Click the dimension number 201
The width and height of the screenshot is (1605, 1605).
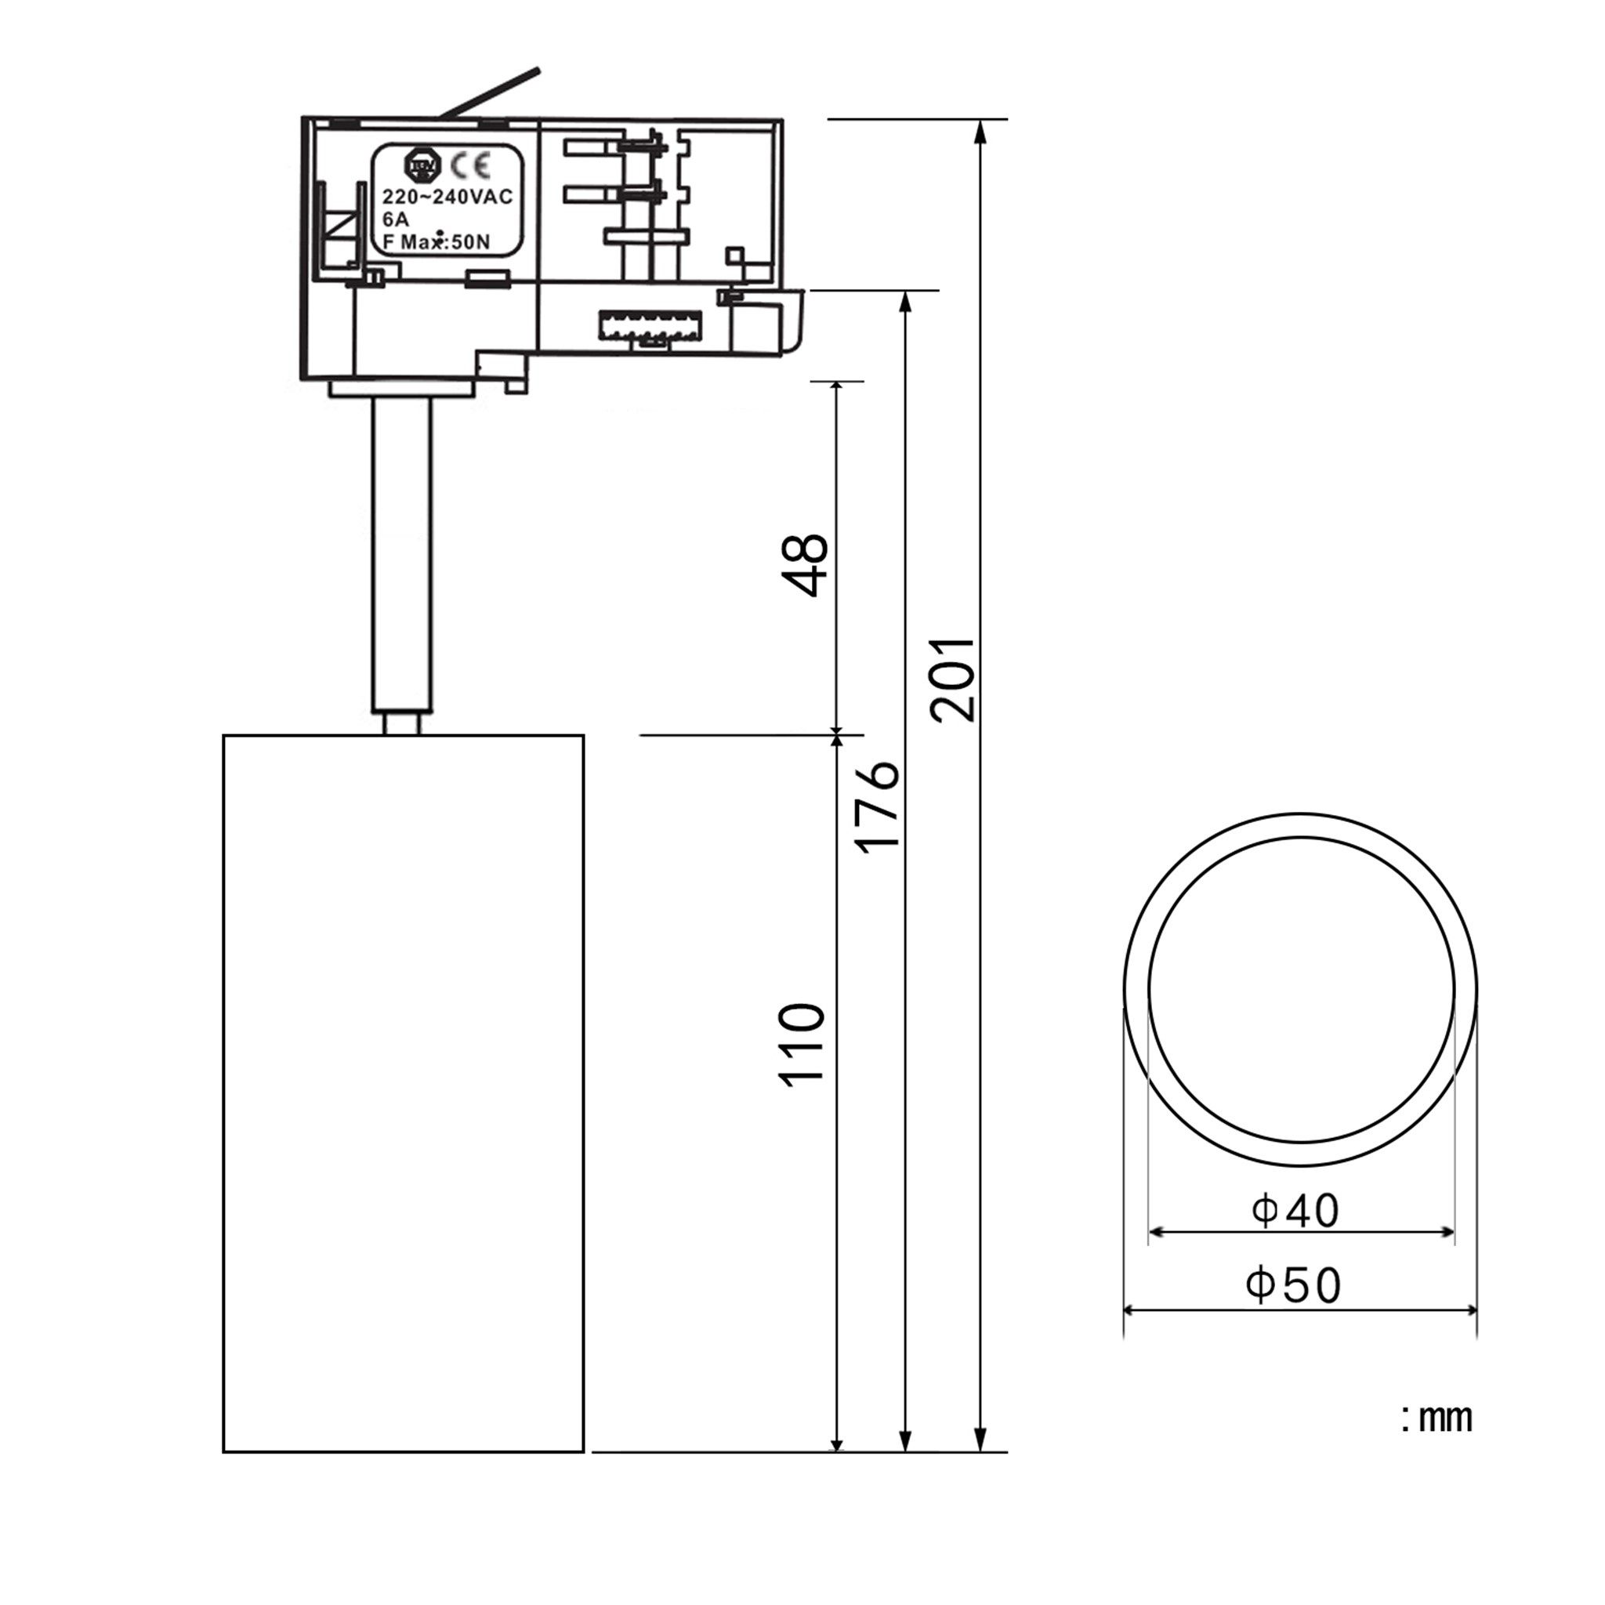pos(953,679)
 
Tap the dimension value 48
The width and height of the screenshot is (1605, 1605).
pos(806,565)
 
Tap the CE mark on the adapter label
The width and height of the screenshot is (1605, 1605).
pos(471,166)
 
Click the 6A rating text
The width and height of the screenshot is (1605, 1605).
pos(396,220)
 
